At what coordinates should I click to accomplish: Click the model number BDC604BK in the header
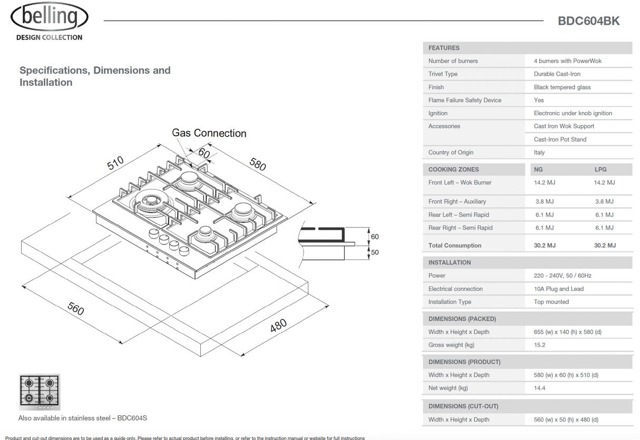coord(588,21)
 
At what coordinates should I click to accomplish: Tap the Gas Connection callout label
coord(209,133)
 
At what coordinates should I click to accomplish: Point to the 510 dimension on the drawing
coord(115,163)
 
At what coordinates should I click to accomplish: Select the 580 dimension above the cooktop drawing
coord(257,164)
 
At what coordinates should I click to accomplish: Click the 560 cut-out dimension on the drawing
coord(75,308)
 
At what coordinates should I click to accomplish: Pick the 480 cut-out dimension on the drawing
coord(278,325)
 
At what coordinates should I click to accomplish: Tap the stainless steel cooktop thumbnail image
coord(40,392)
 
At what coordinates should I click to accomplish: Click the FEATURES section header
coord(444,48)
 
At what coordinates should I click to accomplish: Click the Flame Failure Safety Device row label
coord(464,100)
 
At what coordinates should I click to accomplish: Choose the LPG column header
coord(600,169)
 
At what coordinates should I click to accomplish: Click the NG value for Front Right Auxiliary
coord(544,202)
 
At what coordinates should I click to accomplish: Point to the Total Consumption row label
coord(454,246)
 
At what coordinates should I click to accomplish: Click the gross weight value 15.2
coord(539,345)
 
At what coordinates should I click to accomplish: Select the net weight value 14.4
coord(539,388)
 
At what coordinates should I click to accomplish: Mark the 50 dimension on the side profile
coord(375,253)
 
